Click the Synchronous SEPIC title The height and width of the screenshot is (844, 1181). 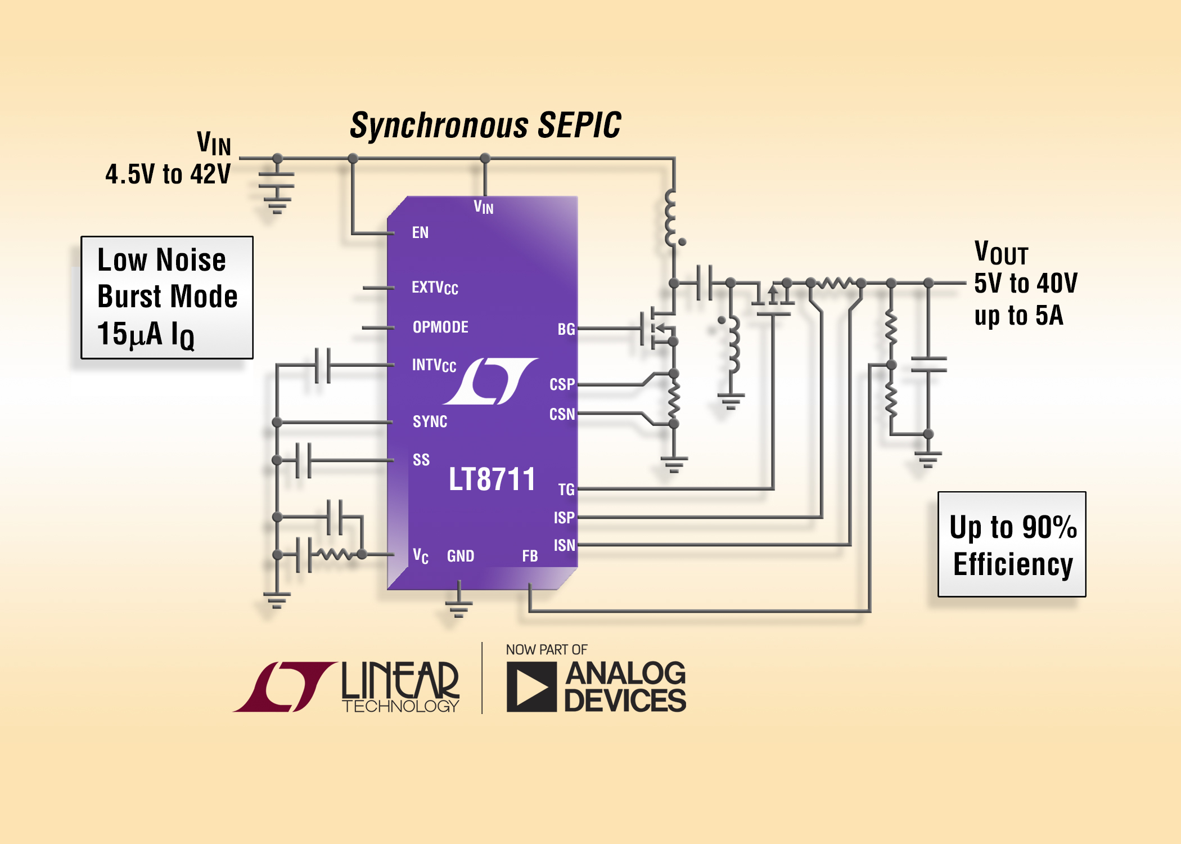click(x=485, y=125)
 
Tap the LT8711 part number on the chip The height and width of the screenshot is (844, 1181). click(x=492, y=479)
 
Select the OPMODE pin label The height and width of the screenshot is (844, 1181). click(x=440, y=327)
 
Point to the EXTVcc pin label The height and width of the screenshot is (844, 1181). click(x=435, y=288)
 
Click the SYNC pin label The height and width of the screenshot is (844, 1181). click(x=430, y=421)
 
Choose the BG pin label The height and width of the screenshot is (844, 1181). click(x=566, y=329)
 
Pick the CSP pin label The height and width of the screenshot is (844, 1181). click(x=562, y=384)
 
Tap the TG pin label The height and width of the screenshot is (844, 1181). click(x=566, y=490)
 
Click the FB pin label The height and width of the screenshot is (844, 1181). click(x=530, y=556)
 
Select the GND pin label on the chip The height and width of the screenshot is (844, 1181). click(x=461, y=556)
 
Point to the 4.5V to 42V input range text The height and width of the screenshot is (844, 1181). click(x=168, y=174)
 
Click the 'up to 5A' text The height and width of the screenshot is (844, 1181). click(x=1018, y=316)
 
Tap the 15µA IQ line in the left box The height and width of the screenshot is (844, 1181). click(x=146, y=334)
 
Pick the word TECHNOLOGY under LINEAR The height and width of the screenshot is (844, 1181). click(x=400, y=706)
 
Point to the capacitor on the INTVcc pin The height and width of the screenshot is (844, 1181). click(x=322, y=365)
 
